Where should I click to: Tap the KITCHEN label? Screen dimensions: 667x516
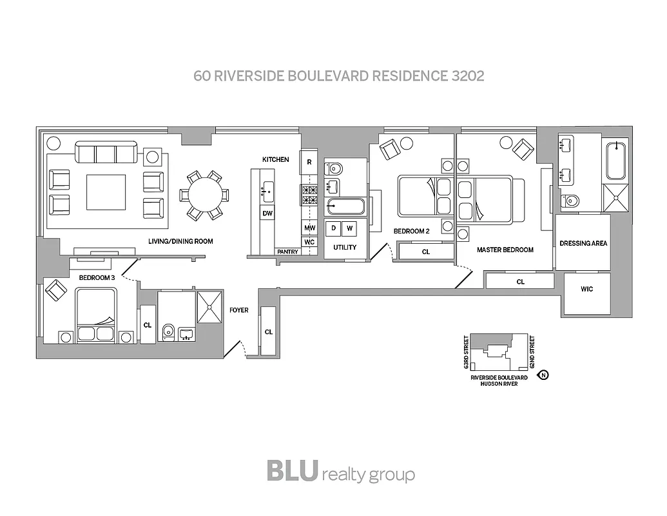(x=275, y=159)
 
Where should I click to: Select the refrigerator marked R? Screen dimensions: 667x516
(x=309, y=162)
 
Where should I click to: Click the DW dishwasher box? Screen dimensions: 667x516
(x=267, y=213)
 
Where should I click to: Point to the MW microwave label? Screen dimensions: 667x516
(x=309, y=228)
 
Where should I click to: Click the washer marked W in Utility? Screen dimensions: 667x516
(x=350, y=228)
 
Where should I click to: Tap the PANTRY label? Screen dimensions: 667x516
(x=287, y=252)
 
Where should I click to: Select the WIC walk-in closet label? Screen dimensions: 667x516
(x=586, y=289)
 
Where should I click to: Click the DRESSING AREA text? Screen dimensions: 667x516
(x=583, y=243)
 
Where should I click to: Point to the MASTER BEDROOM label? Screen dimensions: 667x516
(x=505, y=250)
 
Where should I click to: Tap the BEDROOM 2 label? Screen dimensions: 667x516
(x=412, y=231)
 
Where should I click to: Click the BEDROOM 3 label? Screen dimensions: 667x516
(x=97, y=277)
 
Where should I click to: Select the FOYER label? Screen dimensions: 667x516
(x=238, y=310)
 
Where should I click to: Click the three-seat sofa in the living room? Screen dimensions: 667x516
(x=106, y=154)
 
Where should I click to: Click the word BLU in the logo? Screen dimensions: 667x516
(x=292, y=470)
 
